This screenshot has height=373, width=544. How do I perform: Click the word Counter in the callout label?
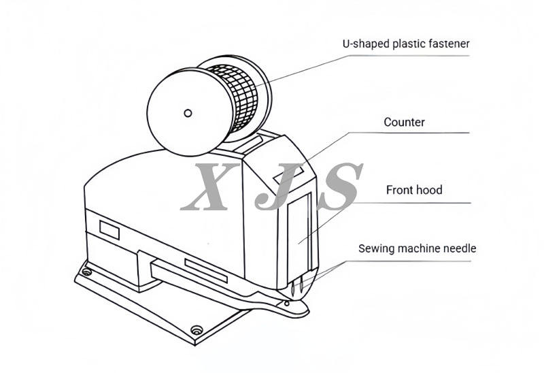coord(404,123)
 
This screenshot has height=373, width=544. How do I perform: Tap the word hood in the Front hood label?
coord(429,190)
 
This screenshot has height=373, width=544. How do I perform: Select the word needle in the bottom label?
coord(458,248)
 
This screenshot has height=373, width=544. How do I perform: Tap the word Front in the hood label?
coord(398,190)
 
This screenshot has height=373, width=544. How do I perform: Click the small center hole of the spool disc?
coord(188,112)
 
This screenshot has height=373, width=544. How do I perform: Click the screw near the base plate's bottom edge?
coord(197,330)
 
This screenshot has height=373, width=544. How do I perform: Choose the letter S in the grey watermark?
coord(336,186)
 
